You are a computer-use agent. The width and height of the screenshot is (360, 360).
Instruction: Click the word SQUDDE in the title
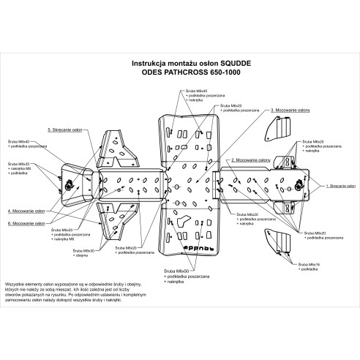(x=239, y=64)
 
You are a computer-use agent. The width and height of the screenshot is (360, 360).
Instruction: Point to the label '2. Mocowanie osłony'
(x=250, y=159)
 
